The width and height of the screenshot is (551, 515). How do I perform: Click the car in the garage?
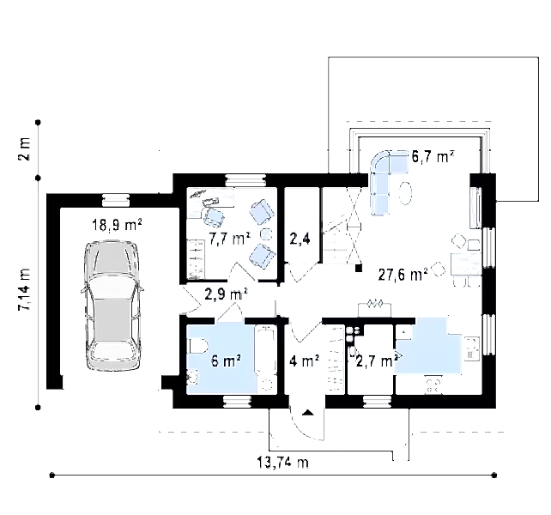click(112, 305)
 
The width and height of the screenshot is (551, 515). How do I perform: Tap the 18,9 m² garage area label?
click(117, 225)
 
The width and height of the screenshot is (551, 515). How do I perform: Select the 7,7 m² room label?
click(229, 239)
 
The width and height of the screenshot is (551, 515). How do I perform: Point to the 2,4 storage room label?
click(300, 239)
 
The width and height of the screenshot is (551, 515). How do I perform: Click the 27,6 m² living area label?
click(403, 274)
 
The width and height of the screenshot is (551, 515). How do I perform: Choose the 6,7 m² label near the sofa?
click(433, 156)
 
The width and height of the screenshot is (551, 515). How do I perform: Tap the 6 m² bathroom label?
click(226, 360)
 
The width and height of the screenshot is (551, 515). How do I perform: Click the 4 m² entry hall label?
click(305, 360)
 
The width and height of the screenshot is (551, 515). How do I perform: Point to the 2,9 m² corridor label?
click(226, 294)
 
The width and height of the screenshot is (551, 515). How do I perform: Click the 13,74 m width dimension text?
click(283, 462)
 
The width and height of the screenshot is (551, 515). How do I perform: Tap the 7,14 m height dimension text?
click(25, 289)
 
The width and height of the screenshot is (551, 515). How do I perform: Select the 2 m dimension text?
click(25, 149)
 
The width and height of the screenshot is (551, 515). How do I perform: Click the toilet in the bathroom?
click(198, 346)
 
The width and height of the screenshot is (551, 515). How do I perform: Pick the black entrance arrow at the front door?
click(308, 412)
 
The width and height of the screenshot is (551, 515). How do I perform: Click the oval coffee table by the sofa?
click(405, 193)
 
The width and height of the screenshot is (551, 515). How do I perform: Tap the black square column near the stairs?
click(359, 269)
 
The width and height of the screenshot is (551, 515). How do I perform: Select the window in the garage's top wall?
click(116, 200)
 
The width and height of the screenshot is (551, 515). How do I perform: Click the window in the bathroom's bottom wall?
click(237, 402)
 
